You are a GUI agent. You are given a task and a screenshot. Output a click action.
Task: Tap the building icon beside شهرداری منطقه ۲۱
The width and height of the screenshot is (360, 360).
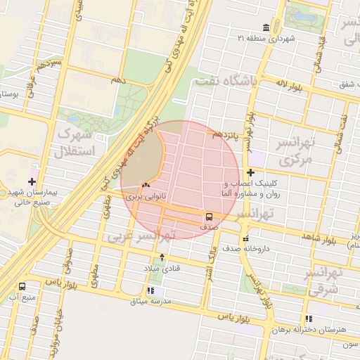(x=265, y=27)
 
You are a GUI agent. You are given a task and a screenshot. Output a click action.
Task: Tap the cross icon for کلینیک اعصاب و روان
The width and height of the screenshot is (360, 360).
(x=250, y=172)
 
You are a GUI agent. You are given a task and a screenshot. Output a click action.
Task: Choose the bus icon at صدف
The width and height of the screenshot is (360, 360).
(x=209, y=216)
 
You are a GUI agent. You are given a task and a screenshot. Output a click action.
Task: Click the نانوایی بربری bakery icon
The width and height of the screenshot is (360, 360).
(x=145, y=186)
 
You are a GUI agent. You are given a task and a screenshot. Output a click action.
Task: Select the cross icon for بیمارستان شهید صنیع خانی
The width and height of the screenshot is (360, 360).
(x=32, y=181)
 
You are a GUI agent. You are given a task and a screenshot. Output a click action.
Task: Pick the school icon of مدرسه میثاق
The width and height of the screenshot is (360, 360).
(x=150, y=290)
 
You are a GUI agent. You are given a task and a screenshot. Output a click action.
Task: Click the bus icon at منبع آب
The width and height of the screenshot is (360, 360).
(x=22, y=286)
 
